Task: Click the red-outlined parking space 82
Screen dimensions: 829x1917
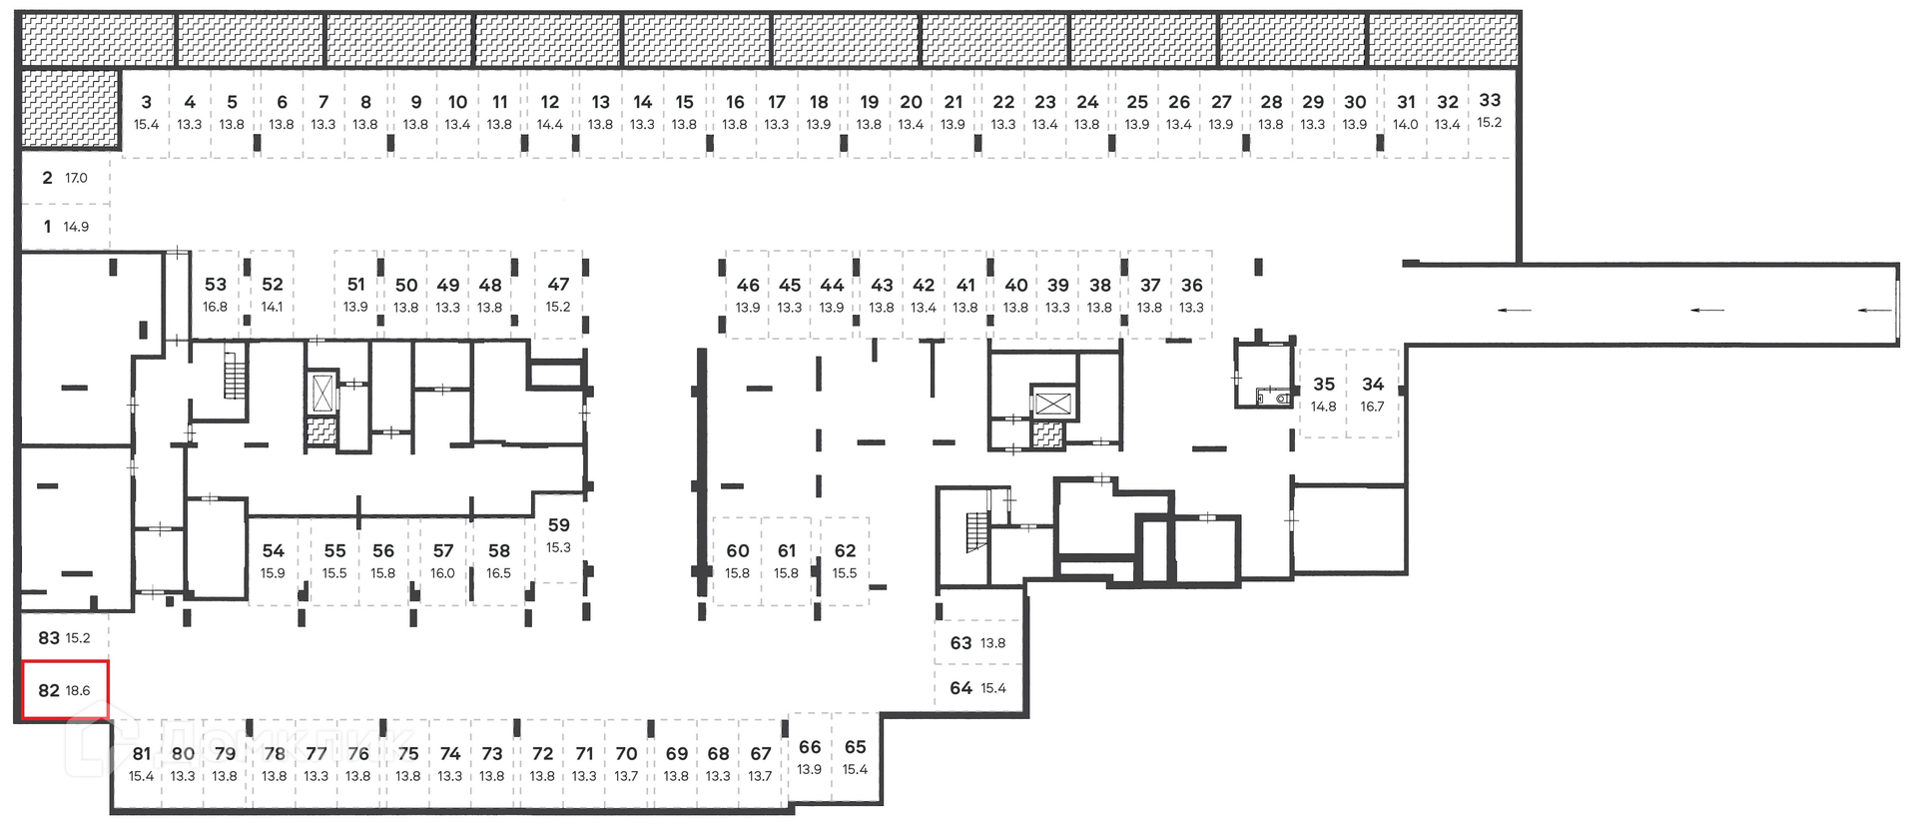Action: click(64, 690)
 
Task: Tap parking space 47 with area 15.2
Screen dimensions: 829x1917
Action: click(558, 294)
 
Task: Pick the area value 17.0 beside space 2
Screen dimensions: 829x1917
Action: click(76, 178)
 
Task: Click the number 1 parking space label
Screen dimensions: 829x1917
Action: click(47, 227)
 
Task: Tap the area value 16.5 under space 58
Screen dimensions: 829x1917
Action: click(498, 573)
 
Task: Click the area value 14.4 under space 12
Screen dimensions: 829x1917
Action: click(550, 125)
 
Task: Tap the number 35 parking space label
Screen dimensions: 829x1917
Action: click(1324, 385)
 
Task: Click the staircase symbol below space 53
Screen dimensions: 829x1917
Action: click(235, 374)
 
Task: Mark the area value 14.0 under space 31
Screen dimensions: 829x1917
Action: click(1406, 125)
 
